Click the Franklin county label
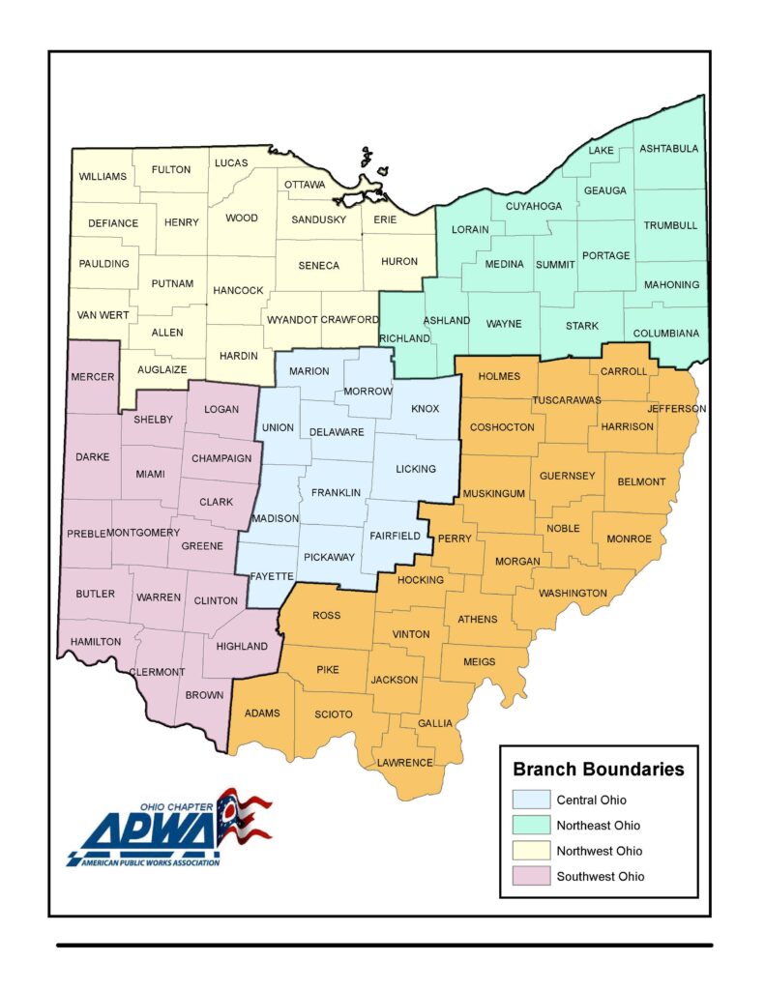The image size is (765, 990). click(x=336, y=493)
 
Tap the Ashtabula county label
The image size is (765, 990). click(x=668, y=148)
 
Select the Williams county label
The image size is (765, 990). click(x=103, y=177)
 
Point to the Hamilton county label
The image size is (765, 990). click(x=95, y=641)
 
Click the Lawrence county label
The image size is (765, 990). click(x=404, y=762)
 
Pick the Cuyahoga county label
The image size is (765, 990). click(x=533, y=206)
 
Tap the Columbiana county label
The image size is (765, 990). click(x=665, y=334)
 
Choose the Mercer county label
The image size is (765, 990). click(x=93, y=376)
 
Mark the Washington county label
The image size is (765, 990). click(x=573, y=593)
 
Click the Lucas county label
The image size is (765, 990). click(x=231, y=162)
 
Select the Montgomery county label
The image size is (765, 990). click(x=143, y=533)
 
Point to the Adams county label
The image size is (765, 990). click(x=262, y=713)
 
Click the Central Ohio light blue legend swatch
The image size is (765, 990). click(x=529, y=801)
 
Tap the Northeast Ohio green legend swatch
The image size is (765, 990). click(x=529, y=826)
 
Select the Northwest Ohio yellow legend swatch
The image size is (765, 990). click(x=529, y=851)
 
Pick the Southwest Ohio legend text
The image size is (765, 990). click(x=600, y=877)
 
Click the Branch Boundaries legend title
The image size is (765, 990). click(x=598, y=770)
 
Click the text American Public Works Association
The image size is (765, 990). click(x=145, y=861)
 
